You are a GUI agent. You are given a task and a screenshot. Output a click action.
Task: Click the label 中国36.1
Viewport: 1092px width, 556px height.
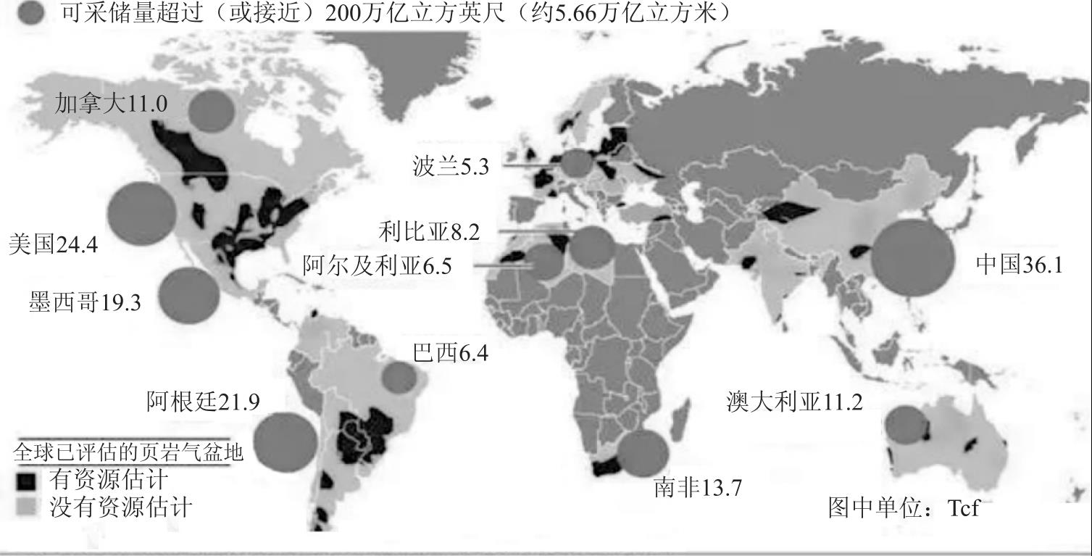click(1020, 265)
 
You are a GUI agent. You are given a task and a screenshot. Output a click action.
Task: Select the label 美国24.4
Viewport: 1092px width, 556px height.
click(54, 244)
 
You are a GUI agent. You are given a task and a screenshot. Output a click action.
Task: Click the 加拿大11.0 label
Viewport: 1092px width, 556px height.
click(111, 104)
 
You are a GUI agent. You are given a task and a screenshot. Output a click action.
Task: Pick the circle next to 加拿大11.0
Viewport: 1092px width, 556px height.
click(212, 109)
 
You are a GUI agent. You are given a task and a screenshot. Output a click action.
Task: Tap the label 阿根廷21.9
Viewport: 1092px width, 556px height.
click(203, 401)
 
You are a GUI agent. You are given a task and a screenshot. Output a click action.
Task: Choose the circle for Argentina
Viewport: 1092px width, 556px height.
click(285, 441)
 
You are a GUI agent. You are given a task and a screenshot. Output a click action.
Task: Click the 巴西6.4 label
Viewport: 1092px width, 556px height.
click(450, 354)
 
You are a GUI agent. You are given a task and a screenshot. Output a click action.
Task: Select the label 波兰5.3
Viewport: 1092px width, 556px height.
click(449, 167)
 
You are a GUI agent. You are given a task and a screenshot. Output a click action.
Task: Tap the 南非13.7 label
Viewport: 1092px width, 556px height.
click(697, 488)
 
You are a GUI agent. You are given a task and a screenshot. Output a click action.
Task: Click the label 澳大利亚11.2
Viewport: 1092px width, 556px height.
click(795, 401)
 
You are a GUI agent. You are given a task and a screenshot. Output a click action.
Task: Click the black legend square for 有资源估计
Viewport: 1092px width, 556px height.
click(25, 481)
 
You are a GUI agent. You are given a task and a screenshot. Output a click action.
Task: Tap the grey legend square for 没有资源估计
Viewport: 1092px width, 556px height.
click(25, 507)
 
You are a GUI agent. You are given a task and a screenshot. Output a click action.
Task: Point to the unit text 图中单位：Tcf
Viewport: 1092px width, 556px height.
click(903, 507)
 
